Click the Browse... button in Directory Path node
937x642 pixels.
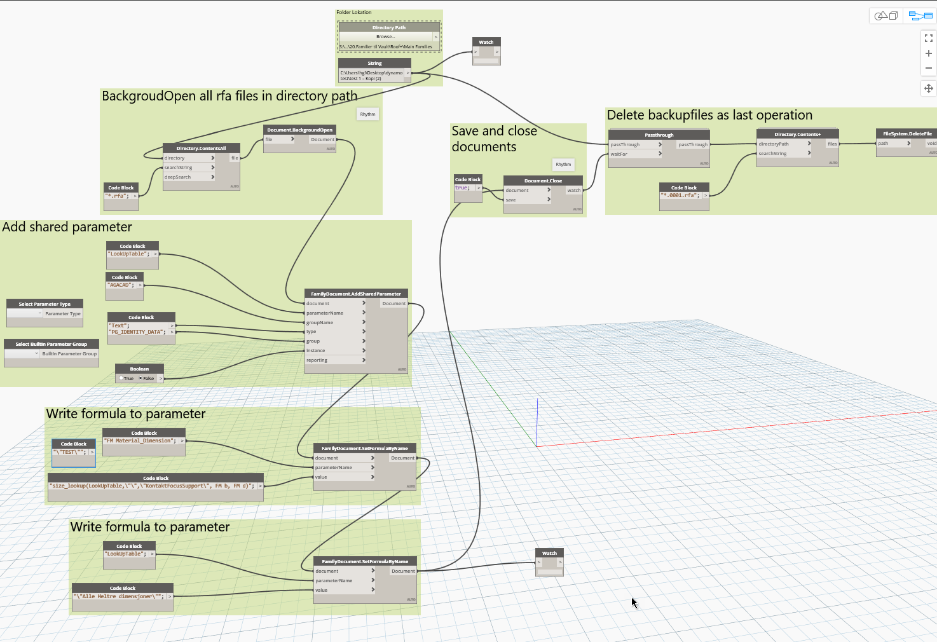pos(385,37)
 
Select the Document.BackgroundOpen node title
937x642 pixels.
pos(299,130)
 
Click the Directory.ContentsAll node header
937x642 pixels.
pos(201,148)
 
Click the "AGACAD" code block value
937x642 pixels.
pos(120,285)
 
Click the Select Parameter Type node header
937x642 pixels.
pos(44,304)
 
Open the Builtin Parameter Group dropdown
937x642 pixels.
pos(23,353)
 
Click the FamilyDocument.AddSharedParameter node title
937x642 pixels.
pos(356,294)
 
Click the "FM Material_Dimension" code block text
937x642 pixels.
pos(140,441)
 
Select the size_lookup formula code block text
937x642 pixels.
pos(153,486)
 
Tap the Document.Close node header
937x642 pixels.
pos(543,181)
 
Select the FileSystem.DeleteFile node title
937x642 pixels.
pos(906,133)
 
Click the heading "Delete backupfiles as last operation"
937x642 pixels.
pos(709,115)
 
